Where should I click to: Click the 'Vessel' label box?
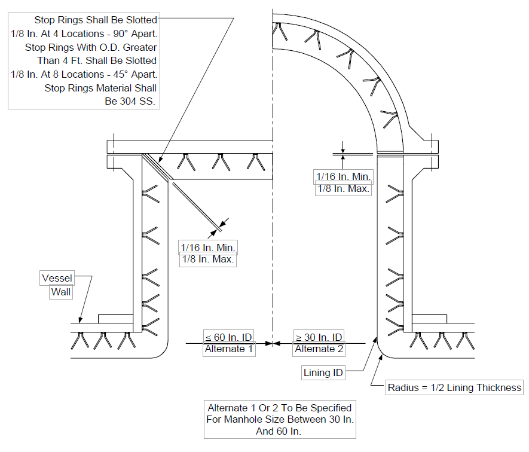pos(57,278)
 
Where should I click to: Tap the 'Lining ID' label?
pos(323,372)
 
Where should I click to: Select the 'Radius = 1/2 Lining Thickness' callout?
pos(454,387)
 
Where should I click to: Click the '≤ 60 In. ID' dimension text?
pos(228,337)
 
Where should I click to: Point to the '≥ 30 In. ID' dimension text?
pos(319,337)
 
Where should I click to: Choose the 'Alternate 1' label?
pos(229,349)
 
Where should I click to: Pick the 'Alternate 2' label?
pos(319,349)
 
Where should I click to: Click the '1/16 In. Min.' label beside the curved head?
pos(344,176)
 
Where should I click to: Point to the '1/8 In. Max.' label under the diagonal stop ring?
pos(208,259)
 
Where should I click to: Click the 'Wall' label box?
pos(61,292)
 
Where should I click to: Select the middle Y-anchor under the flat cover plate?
pos(221,162)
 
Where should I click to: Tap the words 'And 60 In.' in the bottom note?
pos(279,431)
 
